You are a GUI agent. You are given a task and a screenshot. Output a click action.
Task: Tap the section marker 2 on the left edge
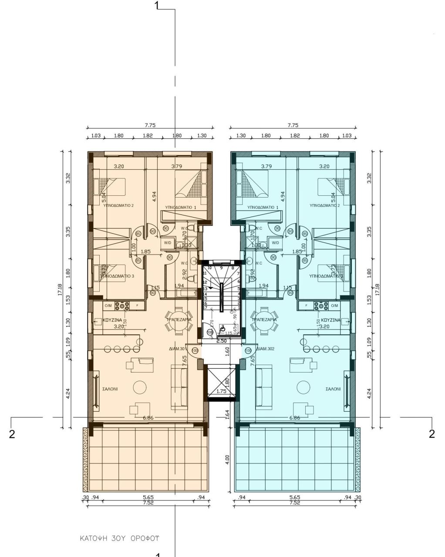tap(12, 434)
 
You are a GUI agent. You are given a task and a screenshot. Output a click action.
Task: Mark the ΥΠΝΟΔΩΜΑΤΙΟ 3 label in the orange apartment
tap(118, 276)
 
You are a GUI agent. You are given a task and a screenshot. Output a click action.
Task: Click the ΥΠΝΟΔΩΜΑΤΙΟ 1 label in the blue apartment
tap(263, 207)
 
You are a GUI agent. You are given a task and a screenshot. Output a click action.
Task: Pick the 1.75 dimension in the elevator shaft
tap(222, 391)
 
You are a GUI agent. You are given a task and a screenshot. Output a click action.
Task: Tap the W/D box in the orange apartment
tap(167, 243)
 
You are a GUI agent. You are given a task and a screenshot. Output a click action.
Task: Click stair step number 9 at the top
tap(221, 268)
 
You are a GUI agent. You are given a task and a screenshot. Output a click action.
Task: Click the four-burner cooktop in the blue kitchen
tap(324, 306)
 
